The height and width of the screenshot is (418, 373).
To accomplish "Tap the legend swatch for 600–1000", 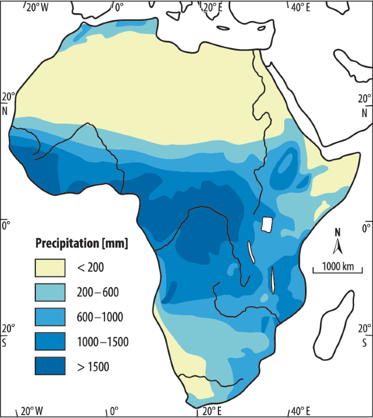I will coord(50,317).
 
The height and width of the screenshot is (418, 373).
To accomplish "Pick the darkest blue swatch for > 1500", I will coord(50,366).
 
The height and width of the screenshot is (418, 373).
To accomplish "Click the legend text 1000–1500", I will coord(102,342).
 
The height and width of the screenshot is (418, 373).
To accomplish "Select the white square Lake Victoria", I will coord(266,224).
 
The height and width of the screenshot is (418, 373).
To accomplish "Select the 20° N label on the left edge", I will coord(8,104).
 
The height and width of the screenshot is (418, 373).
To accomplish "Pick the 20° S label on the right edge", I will coord(364,335).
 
